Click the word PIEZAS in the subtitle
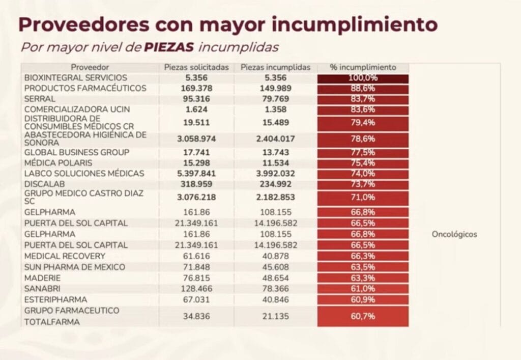[x=169, y=47]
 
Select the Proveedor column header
[x=90, y=67]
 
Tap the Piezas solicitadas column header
[x=196, y=67]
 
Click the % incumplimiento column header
[x=363, y=67]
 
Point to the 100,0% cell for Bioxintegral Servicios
[x=363, y=78]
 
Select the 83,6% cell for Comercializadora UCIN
[x=363, y=109]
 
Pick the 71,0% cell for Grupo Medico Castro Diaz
[x=363, y=198]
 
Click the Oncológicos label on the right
[x=454, y=235]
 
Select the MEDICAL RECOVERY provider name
[x=65, y=256]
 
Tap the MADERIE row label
[x=42, y=278]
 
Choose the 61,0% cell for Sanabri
[x=363, y=288]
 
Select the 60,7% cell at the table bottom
[x=363, y=316]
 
